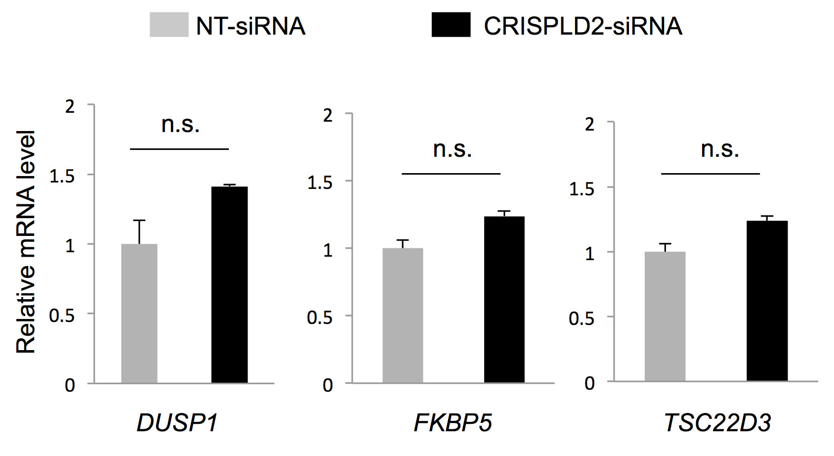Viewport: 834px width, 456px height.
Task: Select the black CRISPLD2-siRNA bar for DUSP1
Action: pyautogui.click(x=229, y=285)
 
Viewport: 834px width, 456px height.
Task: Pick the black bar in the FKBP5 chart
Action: pyautogui.click(x=504, y=299)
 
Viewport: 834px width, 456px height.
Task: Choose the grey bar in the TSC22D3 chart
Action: pyautogui.click(x=665, y=317)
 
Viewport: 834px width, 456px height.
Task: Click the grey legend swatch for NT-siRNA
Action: pyautogui.click(x=169, y=25)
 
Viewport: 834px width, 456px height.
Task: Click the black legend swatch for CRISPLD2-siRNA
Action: pyautogui.click(x=451, y=25)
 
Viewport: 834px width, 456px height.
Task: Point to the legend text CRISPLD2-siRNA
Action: pyautogui.click(x=583, y=26)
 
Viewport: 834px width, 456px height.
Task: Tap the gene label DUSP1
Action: pyautogui.click(x=177, y=423)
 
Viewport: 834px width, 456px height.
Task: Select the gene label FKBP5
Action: pyautogui.click(x=453, y=423)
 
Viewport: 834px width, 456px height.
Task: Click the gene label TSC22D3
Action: pyautogui.click(x=717, y=423)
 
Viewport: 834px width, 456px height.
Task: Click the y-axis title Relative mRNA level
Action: pyautogui.click(x=26, y=242)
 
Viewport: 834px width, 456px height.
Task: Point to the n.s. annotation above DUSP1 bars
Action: pyautogui.click(x=180, y=125)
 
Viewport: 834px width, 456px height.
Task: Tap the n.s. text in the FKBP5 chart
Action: pyautogui.click(x=452, y=149)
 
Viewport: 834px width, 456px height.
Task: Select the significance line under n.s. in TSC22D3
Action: pyautogui.click(x=710, y=174)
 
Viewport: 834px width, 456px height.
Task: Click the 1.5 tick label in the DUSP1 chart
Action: pyautogui.click(x=62, y=176)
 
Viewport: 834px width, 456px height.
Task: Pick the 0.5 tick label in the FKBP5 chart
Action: pyautogui.click(x=320, y=318)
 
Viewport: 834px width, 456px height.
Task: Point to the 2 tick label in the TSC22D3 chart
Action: pyautogui.click(x=589, y=124)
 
